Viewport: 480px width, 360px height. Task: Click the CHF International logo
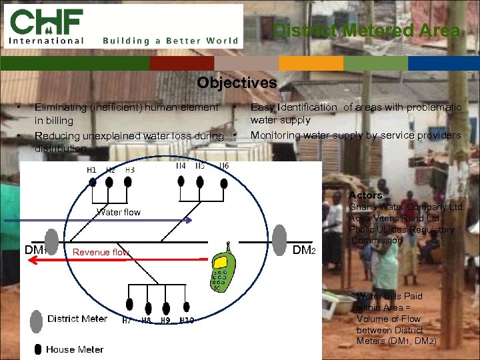(x=47, y=27)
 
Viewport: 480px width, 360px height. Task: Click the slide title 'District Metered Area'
(x=367, y=31)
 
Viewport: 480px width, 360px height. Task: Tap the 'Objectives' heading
(x=237, y=83)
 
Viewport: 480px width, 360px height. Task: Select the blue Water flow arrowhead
(x=189, y=220)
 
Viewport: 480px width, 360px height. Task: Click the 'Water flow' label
(x=119, y=212)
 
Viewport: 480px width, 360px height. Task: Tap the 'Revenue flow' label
(x=101, y=252)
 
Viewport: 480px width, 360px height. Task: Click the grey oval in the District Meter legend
(x=37, y=319)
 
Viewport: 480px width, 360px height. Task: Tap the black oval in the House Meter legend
(x=39, y=349)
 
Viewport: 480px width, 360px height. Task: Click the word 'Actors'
(x=365, y=195)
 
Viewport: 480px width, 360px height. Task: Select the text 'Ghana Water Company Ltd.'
(x=406, y=207)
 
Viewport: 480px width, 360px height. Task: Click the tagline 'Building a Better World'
(x=171, y=41)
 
